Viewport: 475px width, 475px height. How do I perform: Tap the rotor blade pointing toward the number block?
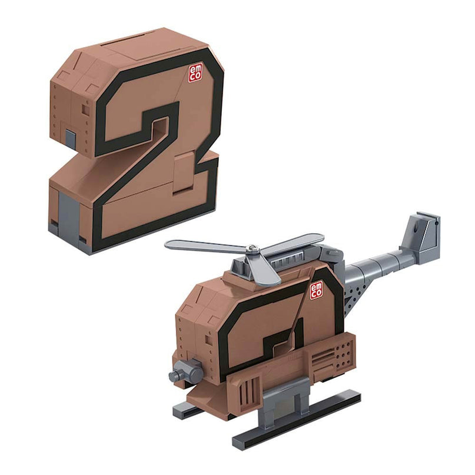click(x=203, y=245)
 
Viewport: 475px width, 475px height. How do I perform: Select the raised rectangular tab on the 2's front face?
click(x=184, y=172)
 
